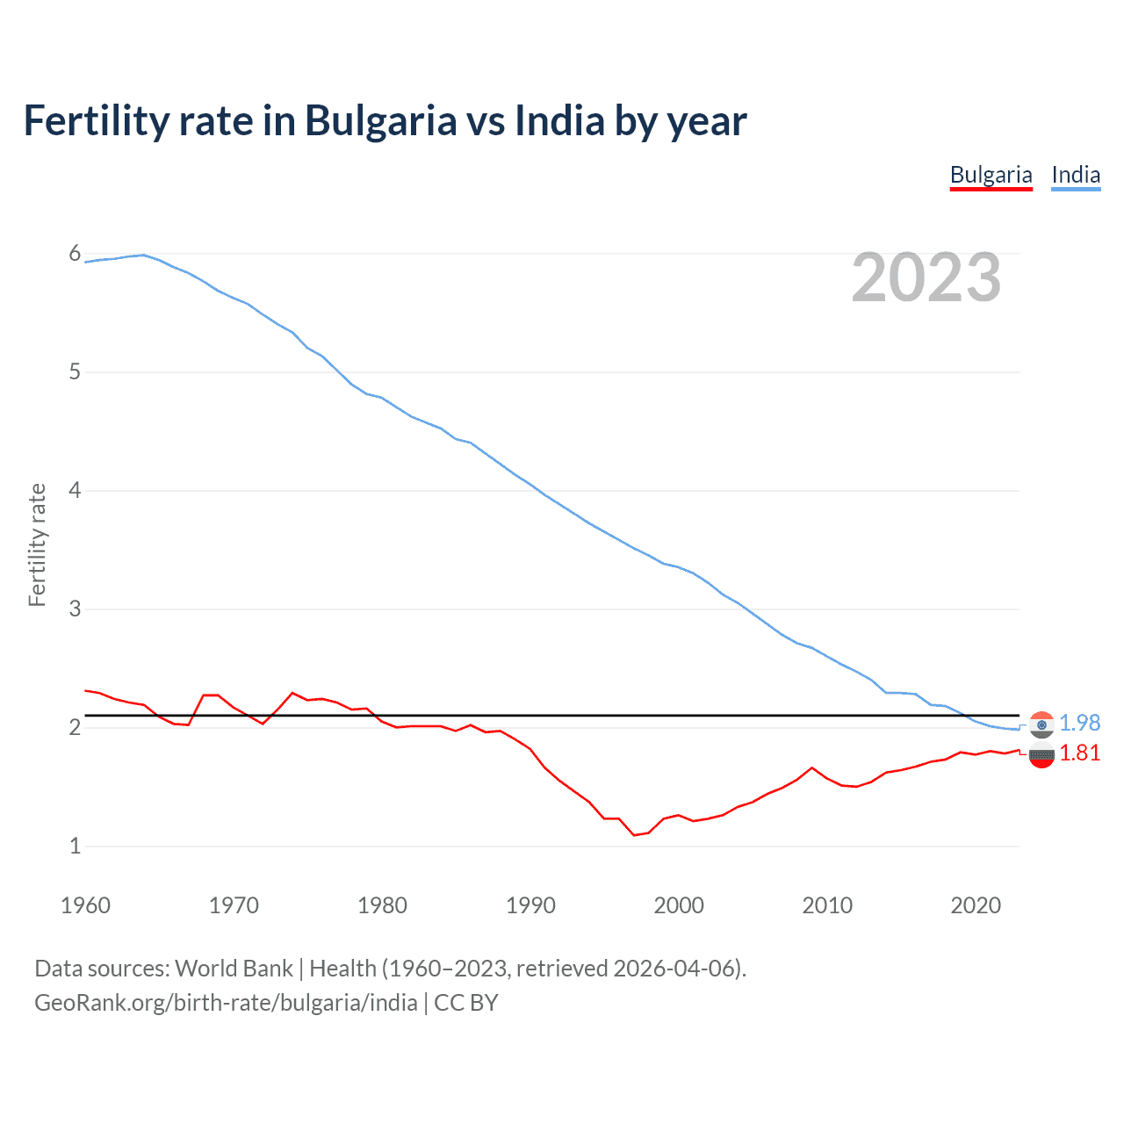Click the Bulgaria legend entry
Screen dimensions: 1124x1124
click(x=991, y=175)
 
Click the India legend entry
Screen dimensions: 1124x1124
click(x=1076, y=175)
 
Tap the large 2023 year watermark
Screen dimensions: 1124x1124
click(x=926, y=277)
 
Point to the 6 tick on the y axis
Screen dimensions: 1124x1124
click(x=75, y=254)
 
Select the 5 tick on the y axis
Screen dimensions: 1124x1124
click(x=75, y=372)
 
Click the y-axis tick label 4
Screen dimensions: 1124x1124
click(x=75, y=490)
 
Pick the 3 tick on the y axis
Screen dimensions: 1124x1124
click(x=75, y=609)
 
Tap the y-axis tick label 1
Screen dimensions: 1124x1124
click(x=75, y=846)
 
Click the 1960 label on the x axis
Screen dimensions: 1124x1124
click(x=85, y=905)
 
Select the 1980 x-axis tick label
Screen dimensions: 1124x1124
click(x=382, y=905)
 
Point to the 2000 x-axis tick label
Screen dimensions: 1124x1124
click(x=679, y=905)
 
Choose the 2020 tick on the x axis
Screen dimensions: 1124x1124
click(x=976, y=905)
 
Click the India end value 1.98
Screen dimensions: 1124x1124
click(x=1079, y=723)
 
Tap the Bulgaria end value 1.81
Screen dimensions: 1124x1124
click(x=1079, y=753)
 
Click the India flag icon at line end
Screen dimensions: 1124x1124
click(x=1041, y=724)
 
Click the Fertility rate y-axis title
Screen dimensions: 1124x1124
click(x=37, y=544)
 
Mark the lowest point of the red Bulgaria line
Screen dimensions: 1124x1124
click(x=634, y=835)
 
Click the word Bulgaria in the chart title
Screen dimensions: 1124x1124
click(x=380, y=121)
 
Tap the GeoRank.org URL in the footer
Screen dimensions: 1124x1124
click(x=226, y=1003)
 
